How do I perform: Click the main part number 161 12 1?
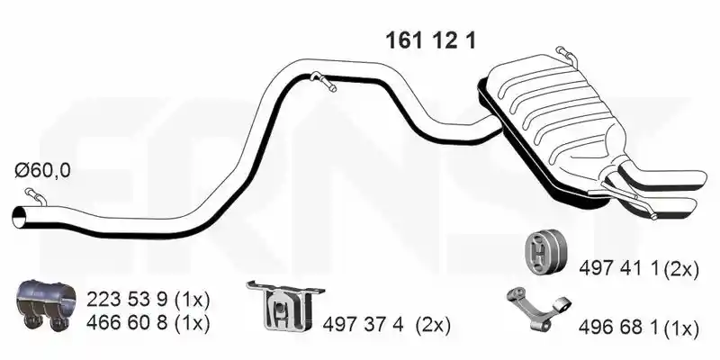(431, 40)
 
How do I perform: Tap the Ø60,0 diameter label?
(42, 171)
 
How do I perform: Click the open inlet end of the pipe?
(19, 217)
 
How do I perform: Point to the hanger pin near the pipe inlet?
(35, 196)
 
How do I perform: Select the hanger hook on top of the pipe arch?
(323, 81)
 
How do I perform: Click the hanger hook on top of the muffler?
(568, 55)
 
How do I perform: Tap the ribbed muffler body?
(551, 120)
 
